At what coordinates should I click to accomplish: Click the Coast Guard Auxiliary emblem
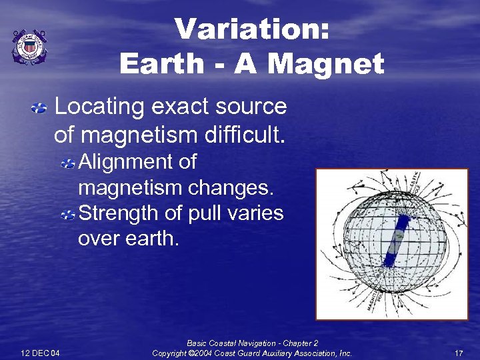29,47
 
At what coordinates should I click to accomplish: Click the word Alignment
137,162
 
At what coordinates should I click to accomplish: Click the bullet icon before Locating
40,107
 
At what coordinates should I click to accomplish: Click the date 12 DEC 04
40,353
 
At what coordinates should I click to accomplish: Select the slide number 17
458,353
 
